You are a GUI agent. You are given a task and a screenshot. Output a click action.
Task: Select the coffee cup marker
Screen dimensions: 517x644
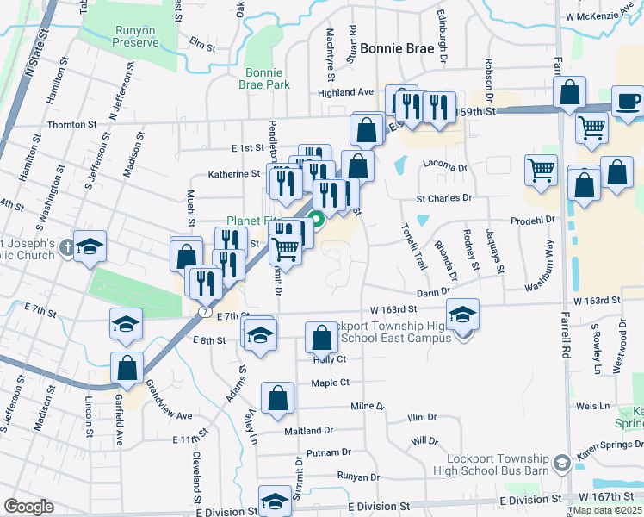pyautogui.click(x=628, y=101)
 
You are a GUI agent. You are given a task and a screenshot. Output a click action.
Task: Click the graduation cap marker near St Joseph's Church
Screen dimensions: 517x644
pyautogui.click(x=90, y=247)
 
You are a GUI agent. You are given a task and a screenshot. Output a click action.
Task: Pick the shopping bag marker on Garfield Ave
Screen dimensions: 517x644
pyautogui.click(x=127, y=367)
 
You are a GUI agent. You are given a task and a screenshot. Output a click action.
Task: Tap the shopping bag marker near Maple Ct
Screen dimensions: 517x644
pyautogui.click(x=277, y=398)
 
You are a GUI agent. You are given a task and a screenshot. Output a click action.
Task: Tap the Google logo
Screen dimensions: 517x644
pyautogui.click(x=28, y=507)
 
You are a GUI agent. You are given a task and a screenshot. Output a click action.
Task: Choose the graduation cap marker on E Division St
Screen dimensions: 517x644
pyautogui.click(x=275, y=500)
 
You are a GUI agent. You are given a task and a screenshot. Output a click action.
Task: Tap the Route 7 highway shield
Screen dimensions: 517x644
pyautogui.click(x=204, y=309)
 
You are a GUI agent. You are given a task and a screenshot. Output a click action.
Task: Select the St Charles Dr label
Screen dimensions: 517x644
pyautogui.click(x=444, y=197)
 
